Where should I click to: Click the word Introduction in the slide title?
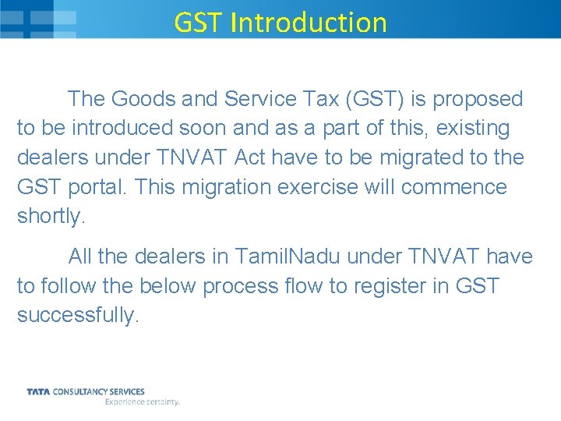point(309,22)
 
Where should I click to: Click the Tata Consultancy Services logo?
point(86,391)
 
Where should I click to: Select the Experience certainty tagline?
point(143,402)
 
